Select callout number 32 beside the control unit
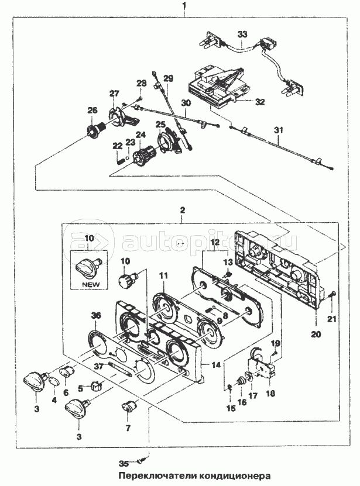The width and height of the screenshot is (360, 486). (x=259, y=101)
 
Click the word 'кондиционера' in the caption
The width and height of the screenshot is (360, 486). (x=237, y=475)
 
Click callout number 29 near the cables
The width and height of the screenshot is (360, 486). (x=169, y=78)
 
